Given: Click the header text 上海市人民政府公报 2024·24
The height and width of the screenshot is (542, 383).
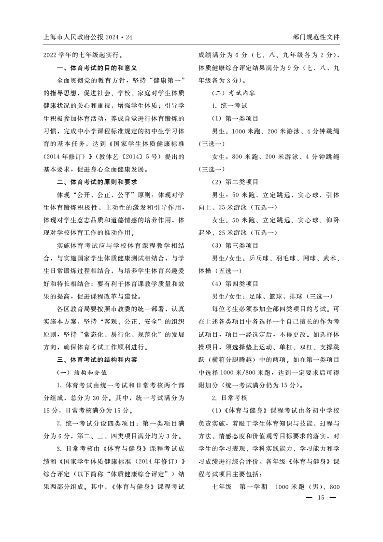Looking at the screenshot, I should (87, 37).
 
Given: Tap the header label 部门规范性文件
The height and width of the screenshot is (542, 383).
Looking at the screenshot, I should (316, 37).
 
